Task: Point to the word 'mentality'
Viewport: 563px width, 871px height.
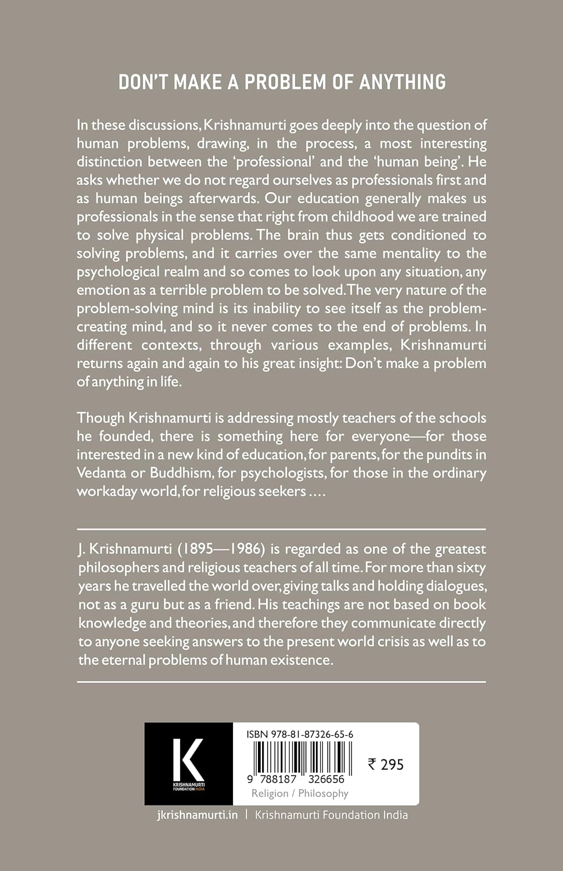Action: point(403,253)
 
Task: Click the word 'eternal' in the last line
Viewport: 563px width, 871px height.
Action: point(122,660)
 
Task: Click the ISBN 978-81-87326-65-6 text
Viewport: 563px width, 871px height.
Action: point(299,735)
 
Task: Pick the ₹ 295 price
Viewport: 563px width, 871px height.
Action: point(385,764)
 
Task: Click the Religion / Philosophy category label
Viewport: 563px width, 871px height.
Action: point(300,793)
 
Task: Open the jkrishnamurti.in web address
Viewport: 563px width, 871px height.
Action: point(198,815)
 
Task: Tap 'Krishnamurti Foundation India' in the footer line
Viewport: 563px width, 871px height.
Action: point(331,815)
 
